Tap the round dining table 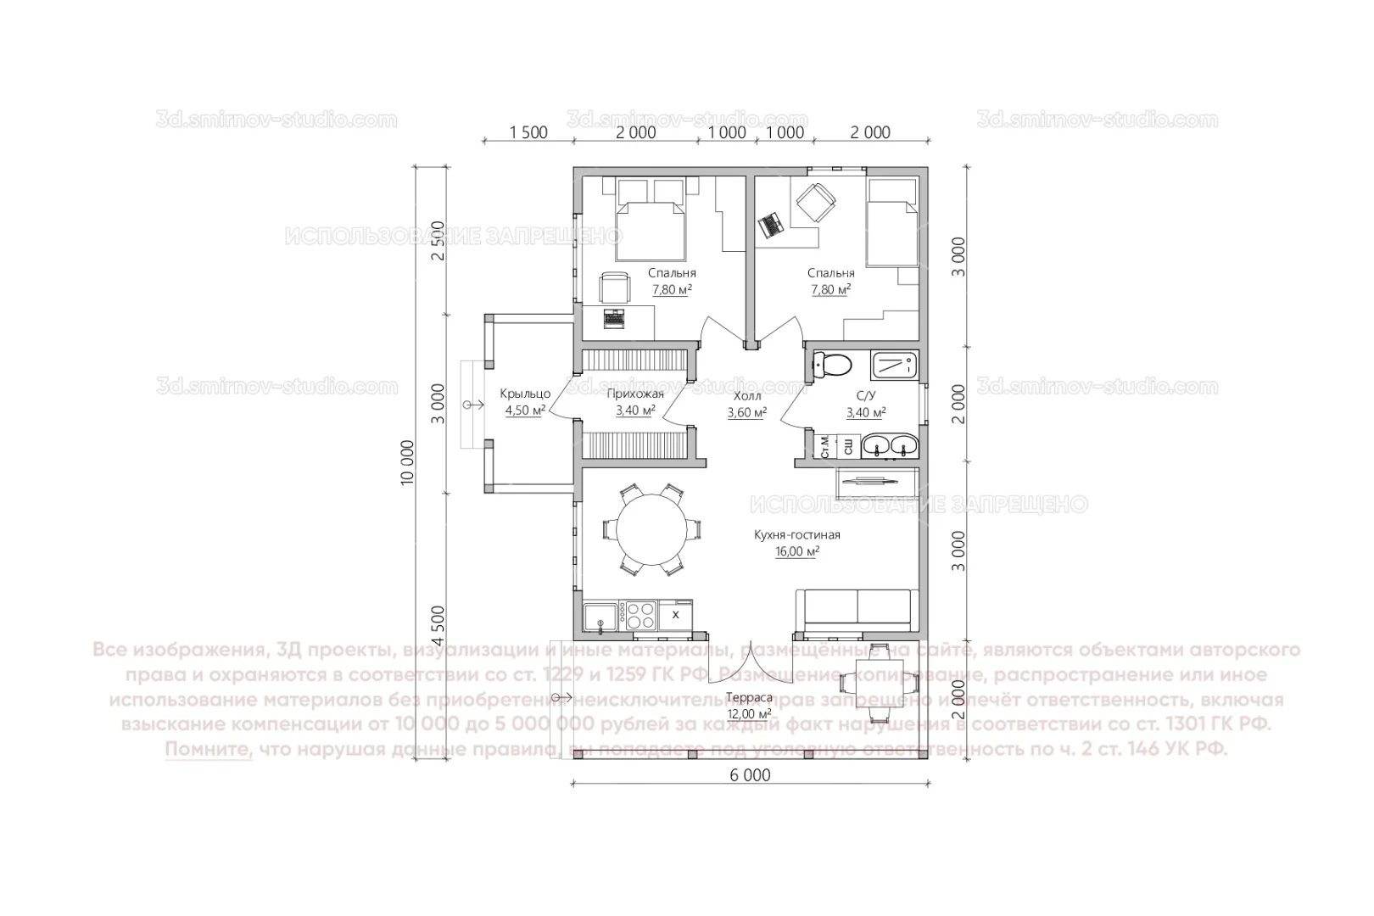point(651,529)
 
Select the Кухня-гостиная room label point(796,535)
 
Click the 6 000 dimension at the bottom point(750,775)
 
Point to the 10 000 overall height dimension point(408,461)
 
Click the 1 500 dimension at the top point(528,132)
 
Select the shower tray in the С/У point(892,366)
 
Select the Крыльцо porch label point(525,394)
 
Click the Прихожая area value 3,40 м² point(635,411)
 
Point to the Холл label point(746,396)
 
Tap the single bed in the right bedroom point(891,222)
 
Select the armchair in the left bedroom point(615,288)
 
